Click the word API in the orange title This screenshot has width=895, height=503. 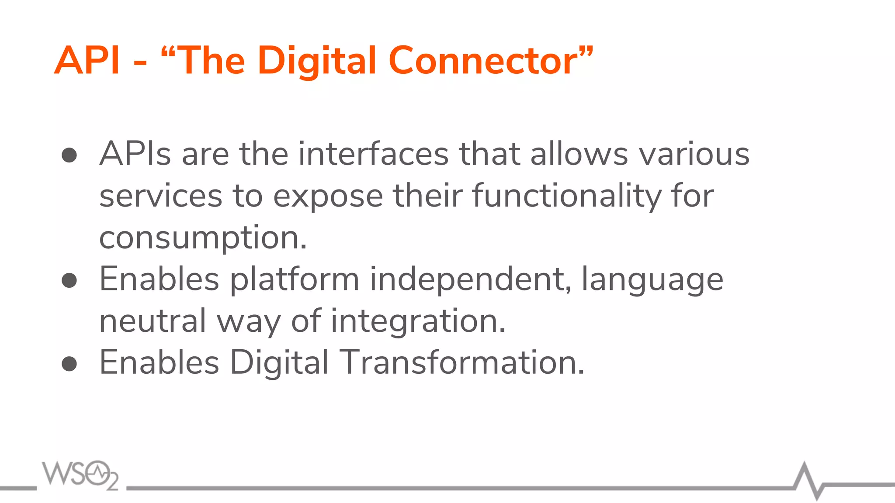[x=87, y=61]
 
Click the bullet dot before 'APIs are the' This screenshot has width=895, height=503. [x=69, y=155]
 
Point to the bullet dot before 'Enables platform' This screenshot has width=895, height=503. [x=69, y=280]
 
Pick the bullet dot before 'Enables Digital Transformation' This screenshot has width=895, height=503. [x=69, y=363]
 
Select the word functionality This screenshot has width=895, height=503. [x=567, y=196]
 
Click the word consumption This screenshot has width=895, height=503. [x=202, y=238]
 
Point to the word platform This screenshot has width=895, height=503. [x=295, y=280]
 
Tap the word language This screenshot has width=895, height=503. [x=652, y=280]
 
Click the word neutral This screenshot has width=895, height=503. [x=153, y=321]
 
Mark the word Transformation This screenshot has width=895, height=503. [x=461, y=362]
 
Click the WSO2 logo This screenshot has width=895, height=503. [x=80, y=475]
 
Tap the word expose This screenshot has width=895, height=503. [x=328, y=196]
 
